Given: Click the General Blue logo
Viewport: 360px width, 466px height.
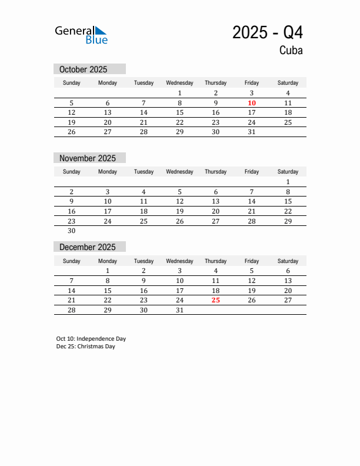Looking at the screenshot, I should click(x=81, y=35).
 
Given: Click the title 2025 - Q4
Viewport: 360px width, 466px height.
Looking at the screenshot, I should click(x=268, y=32).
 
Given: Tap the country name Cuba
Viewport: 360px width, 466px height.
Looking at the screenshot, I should click(x=291, y=51).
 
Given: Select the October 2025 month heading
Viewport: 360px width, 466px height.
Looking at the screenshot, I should click(x=84, y=69).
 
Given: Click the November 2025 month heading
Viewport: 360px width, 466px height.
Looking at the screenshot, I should click(x=88, y=158).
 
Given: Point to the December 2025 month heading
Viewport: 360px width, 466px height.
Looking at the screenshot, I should click(x=88, y=247).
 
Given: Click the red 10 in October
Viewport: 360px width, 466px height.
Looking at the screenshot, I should click(x=252, y=103).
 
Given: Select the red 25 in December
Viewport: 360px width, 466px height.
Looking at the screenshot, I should click(x=216, y=300).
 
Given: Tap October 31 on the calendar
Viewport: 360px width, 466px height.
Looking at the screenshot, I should click(x=252, y=132).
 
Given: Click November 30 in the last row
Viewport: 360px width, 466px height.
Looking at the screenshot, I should click(x=72, y=231).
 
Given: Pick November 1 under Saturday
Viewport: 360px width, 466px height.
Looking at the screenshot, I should click(x=288, y=182).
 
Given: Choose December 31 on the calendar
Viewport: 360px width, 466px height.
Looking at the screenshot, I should click(x=180, y=310).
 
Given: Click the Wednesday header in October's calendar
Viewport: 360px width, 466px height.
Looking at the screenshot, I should click(x=180, y=83).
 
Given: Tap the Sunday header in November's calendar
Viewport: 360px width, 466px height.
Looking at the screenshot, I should click(x=72, y=172).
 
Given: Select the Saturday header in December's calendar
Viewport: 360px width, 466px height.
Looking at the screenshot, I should click(x=288, y=261).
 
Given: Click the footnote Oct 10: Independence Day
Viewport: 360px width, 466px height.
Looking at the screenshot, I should click(x=91, y=339).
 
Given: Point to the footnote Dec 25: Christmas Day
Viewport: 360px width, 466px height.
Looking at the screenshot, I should click(x=86, y=347).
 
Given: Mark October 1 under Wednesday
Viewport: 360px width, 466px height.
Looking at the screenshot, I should click(x=180, y=93).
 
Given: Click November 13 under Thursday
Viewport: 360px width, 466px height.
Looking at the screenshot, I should click(x=216, y=201).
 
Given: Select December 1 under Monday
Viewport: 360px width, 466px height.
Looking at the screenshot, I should click(x=108, y=271).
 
